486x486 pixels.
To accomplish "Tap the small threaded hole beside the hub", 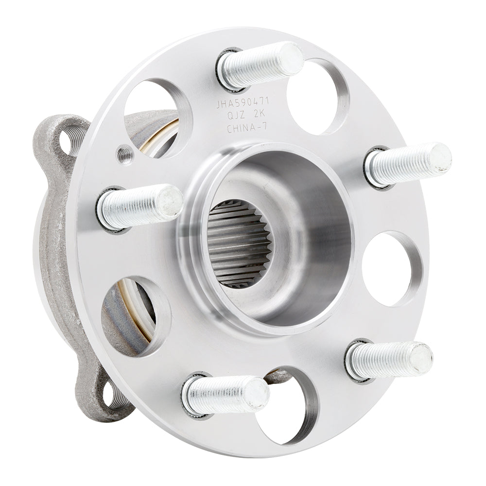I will tap(123, 155).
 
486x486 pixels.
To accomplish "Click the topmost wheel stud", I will tap(260, 66).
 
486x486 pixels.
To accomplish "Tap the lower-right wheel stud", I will tap(389, 360).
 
